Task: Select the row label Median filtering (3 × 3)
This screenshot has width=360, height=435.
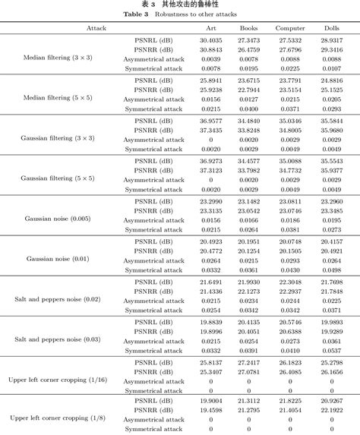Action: click(57, 56)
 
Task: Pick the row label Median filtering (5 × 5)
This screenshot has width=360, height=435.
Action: click(57, 97)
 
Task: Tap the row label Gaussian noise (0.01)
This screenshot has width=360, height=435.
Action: click(57, 258)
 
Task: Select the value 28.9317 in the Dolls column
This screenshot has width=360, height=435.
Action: click(331, 39)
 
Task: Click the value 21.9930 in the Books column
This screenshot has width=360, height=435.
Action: click(248, 281)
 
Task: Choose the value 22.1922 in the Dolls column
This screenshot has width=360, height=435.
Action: click(331, 411)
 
